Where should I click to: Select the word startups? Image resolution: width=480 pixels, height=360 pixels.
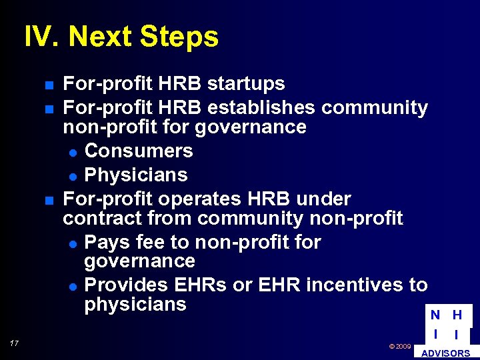coord(246,84)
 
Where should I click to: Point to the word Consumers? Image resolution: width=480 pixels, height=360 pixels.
coord(139,151)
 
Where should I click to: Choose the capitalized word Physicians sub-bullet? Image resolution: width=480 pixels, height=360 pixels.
coord(136,175)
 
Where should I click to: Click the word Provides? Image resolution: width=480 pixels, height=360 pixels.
coord(127,285)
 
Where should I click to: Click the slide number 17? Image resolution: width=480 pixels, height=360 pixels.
coord(14,343)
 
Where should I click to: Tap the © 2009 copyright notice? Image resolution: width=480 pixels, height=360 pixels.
coord(399,347)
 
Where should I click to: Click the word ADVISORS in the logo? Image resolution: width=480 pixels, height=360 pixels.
coord(446,353)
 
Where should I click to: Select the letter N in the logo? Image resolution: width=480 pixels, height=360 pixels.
coord(435,315)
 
